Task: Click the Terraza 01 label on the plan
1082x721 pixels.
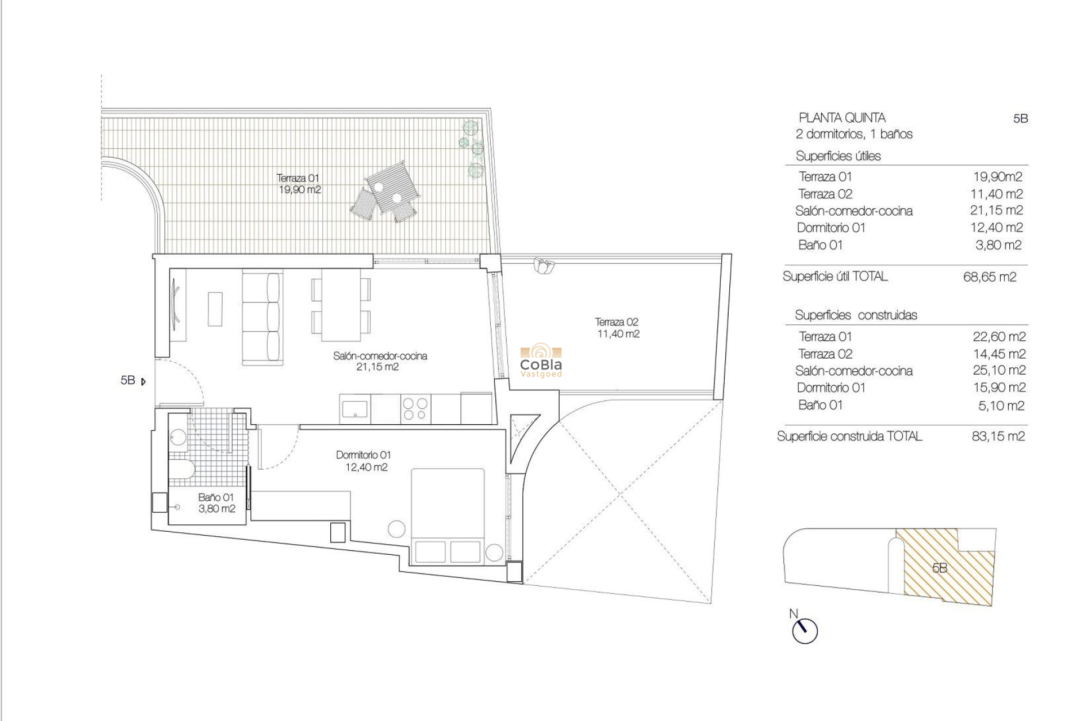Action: tap(298, 184)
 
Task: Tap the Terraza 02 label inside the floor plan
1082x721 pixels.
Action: tap(617, 328)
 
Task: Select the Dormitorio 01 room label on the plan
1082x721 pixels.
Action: tap(363, 461)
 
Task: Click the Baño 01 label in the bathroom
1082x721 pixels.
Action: tap(216, 503)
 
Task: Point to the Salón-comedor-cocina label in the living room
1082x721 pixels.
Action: tap(380, 361)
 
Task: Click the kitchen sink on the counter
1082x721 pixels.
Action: tap(355, 409)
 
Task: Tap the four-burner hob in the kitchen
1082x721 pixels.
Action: tap(415, 409)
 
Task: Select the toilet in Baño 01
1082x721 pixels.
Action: tap(183, 468)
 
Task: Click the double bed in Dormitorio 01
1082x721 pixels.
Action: tap(448, 515)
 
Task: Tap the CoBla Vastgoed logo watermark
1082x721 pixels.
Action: tap(540, 362)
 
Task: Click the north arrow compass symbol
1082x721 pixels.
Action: tap(804, 630)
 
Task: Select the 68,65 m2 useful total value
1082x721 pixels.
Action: tap(990, 277)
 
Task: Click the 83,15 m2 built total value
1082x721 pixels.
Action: tap(998, 437)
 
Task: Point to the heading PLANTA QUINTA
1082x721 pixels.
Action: tap(842, 118)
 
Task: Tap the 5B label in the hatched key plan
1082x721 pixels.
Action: tap(939, 568)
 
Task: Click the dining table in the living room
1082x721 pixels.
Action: tap(341, 305)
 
